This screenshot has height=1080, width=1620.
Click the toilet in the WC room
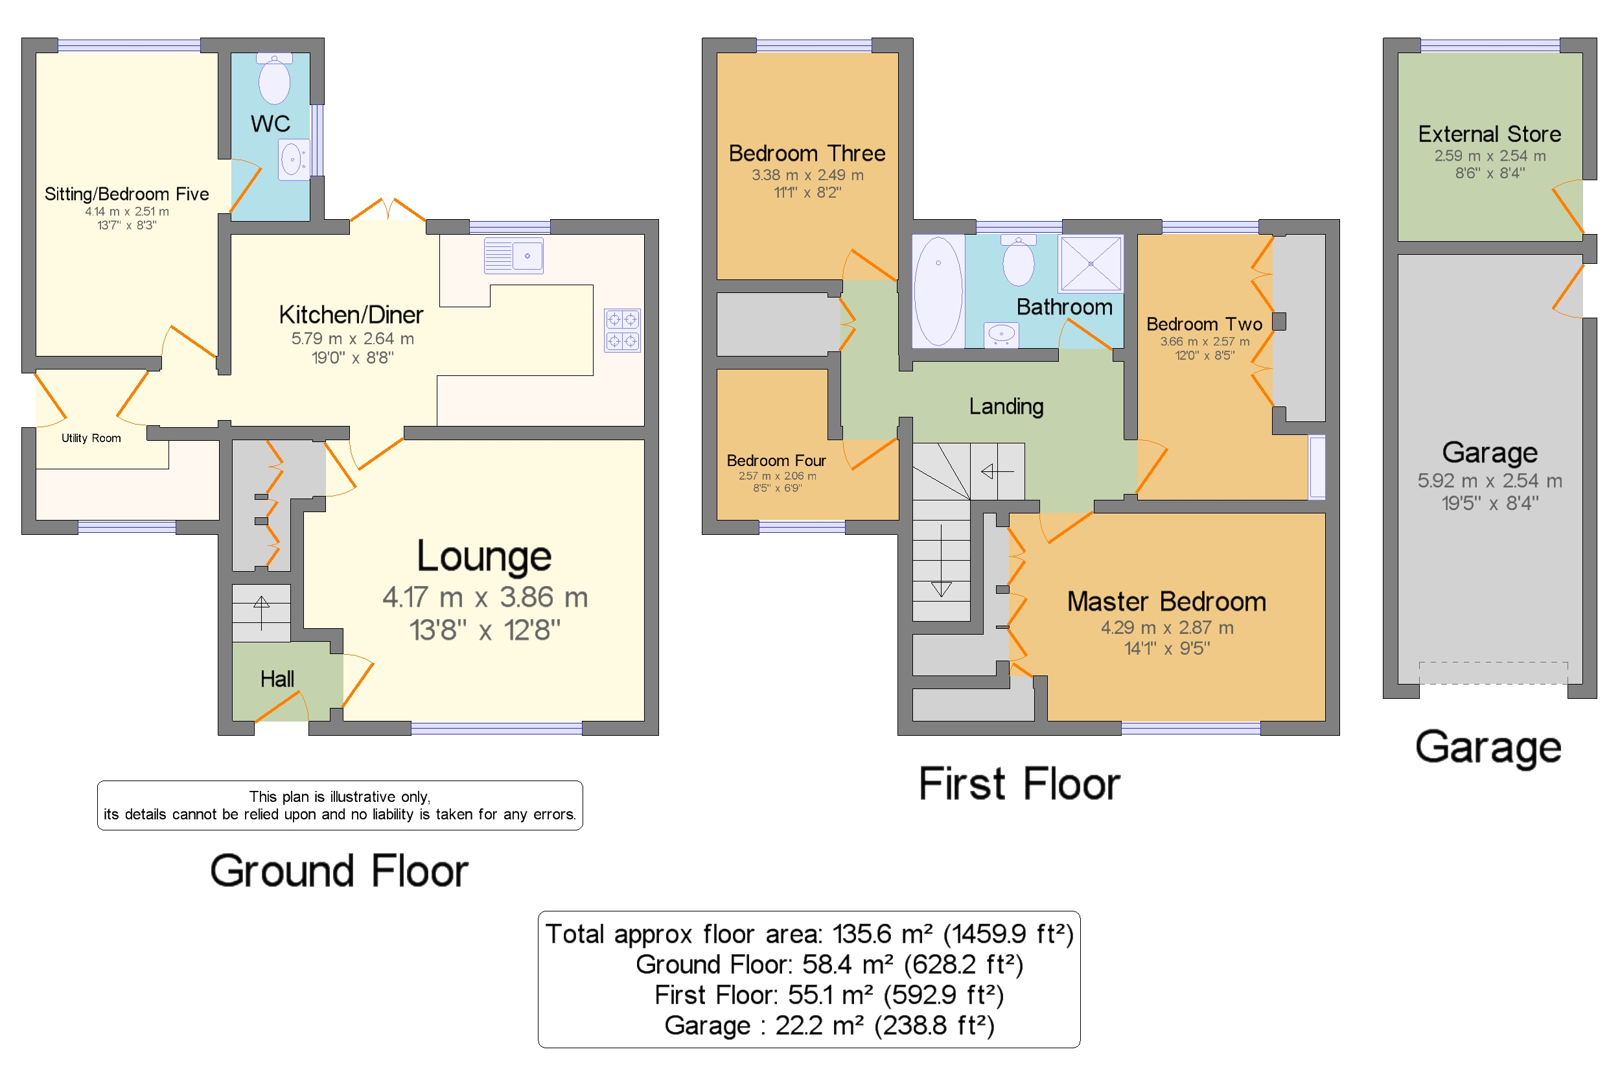coord(274,78)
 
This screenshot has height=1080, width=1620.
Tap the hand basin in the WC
coord(294,159)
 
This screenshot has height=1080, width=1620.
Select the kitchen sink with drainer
coord(513,255)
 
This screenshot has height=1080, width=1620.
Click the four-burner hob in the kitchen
coord(621,330)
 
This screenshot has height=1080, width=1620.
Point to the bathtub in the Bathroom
coord(938,290)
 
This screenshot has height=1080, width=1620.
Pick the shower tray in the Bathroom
coord(1091,263)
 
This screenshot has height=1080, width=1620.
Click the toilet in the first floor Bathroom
coord(1018,260)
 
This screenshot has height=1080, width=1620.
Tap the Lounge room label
coord(484,556)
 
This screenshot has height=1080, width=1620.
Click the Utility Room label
coord(91,438)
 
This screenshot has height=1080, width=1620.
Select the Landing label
coord(1006,406)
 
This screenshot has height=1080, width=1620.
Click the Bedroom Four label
coord(776,460)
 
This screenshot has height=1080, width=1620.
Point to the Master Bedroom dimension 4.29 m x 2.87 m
coord(1166,628)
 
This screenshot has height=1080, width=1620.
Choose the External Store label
coord(1489,134)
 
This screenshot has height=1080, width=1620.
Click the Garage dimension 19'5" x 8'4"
coord(1490,503)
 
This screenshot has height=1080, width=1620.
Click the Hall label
coord(277,679)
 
